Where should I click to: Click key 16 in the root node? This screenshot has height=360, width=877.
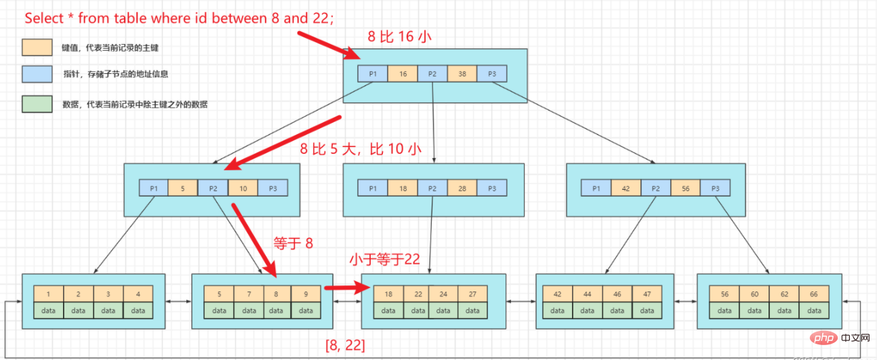coord(403,74)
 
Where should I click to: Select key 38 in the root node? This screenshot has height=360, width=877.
coord(462,74)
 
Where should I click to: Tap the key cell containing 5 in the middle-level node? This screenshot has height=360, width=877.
coord(183,188)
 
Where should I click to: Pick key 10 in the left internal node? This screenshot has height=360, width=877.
coord(243,188)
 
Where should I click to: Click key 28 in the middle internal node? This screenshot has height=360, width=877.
coord(462,188)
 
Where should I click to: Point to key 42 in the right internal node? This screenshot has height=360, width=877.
coord(626,188)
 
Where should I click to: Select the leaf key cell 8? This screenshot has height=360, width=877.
coord(277,294)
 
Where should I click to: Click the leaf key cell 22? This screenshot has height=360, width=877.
coord(418,294)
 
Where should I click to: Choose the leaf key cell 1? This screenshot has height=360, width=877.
coord(49,294)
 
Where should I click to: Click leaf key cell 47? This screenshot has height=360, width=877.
coord(647,294)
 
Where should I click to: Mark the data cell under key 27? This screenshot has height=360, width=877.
coord(472,311)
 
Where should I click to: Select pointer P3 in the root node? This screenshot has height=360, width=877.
coord(491,74)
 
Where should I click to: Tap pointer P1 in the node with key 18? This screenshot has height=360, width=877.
coord(373,188)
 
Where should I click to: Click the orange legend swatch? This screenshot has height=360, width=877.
coord(37,47)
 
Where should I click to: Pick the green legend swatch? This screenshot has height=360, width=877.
coord(37,104)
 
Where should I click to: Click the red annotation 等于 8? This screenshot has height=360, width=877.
coord(293,242)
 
